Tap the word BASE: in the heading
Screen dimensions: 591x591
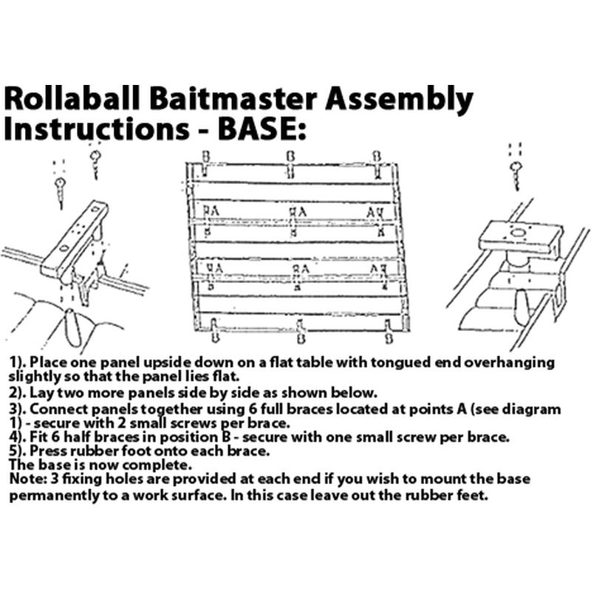(x=259, y=128)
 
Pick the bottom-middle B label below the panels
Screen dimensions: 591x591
(x=300, y=338)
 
